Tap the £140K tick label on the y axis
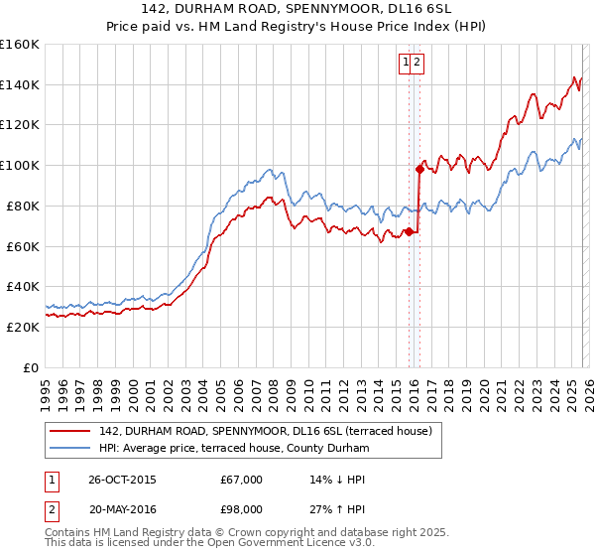[x=20, y=84]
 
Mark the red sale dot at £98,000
[x=419, y=169]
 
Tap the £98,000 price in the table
[x=242, y=511]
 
